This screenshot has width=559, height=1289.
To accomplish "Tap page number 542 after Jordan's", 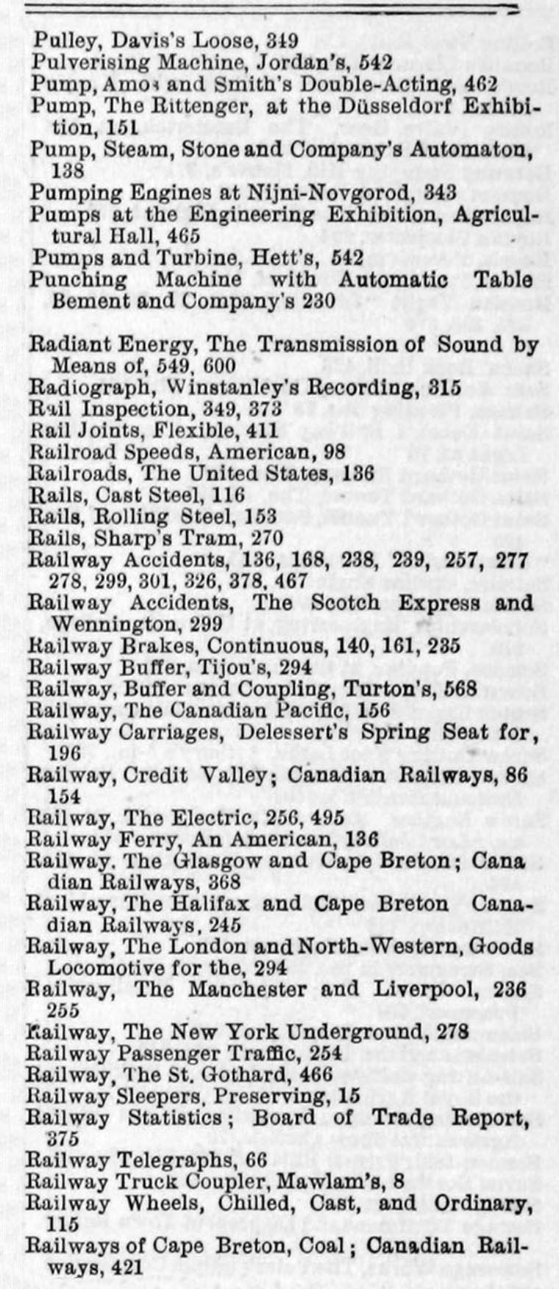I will pos(376,63).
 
